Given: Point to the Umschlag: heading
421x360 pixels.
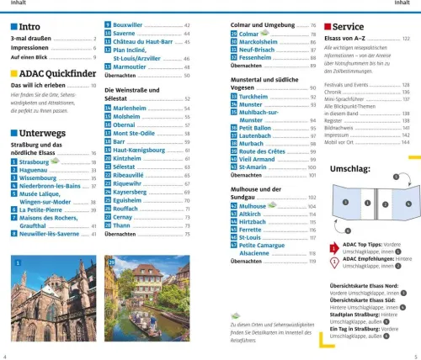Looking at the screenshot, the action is coord(348,168).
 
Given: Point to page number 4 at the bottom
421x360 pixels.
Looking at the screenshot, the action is coord(6,356).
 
